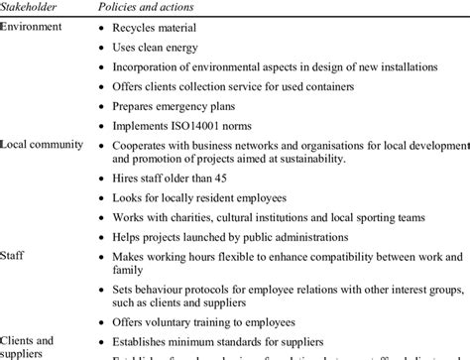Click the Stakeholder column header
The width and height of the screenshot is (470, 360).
click(x=30, y=8)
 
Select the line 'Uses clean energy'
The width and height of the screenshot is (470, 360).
click(x=168, y=47)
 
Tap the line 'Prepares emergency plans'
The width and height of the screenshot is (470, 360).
click(x=184, y=106)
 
